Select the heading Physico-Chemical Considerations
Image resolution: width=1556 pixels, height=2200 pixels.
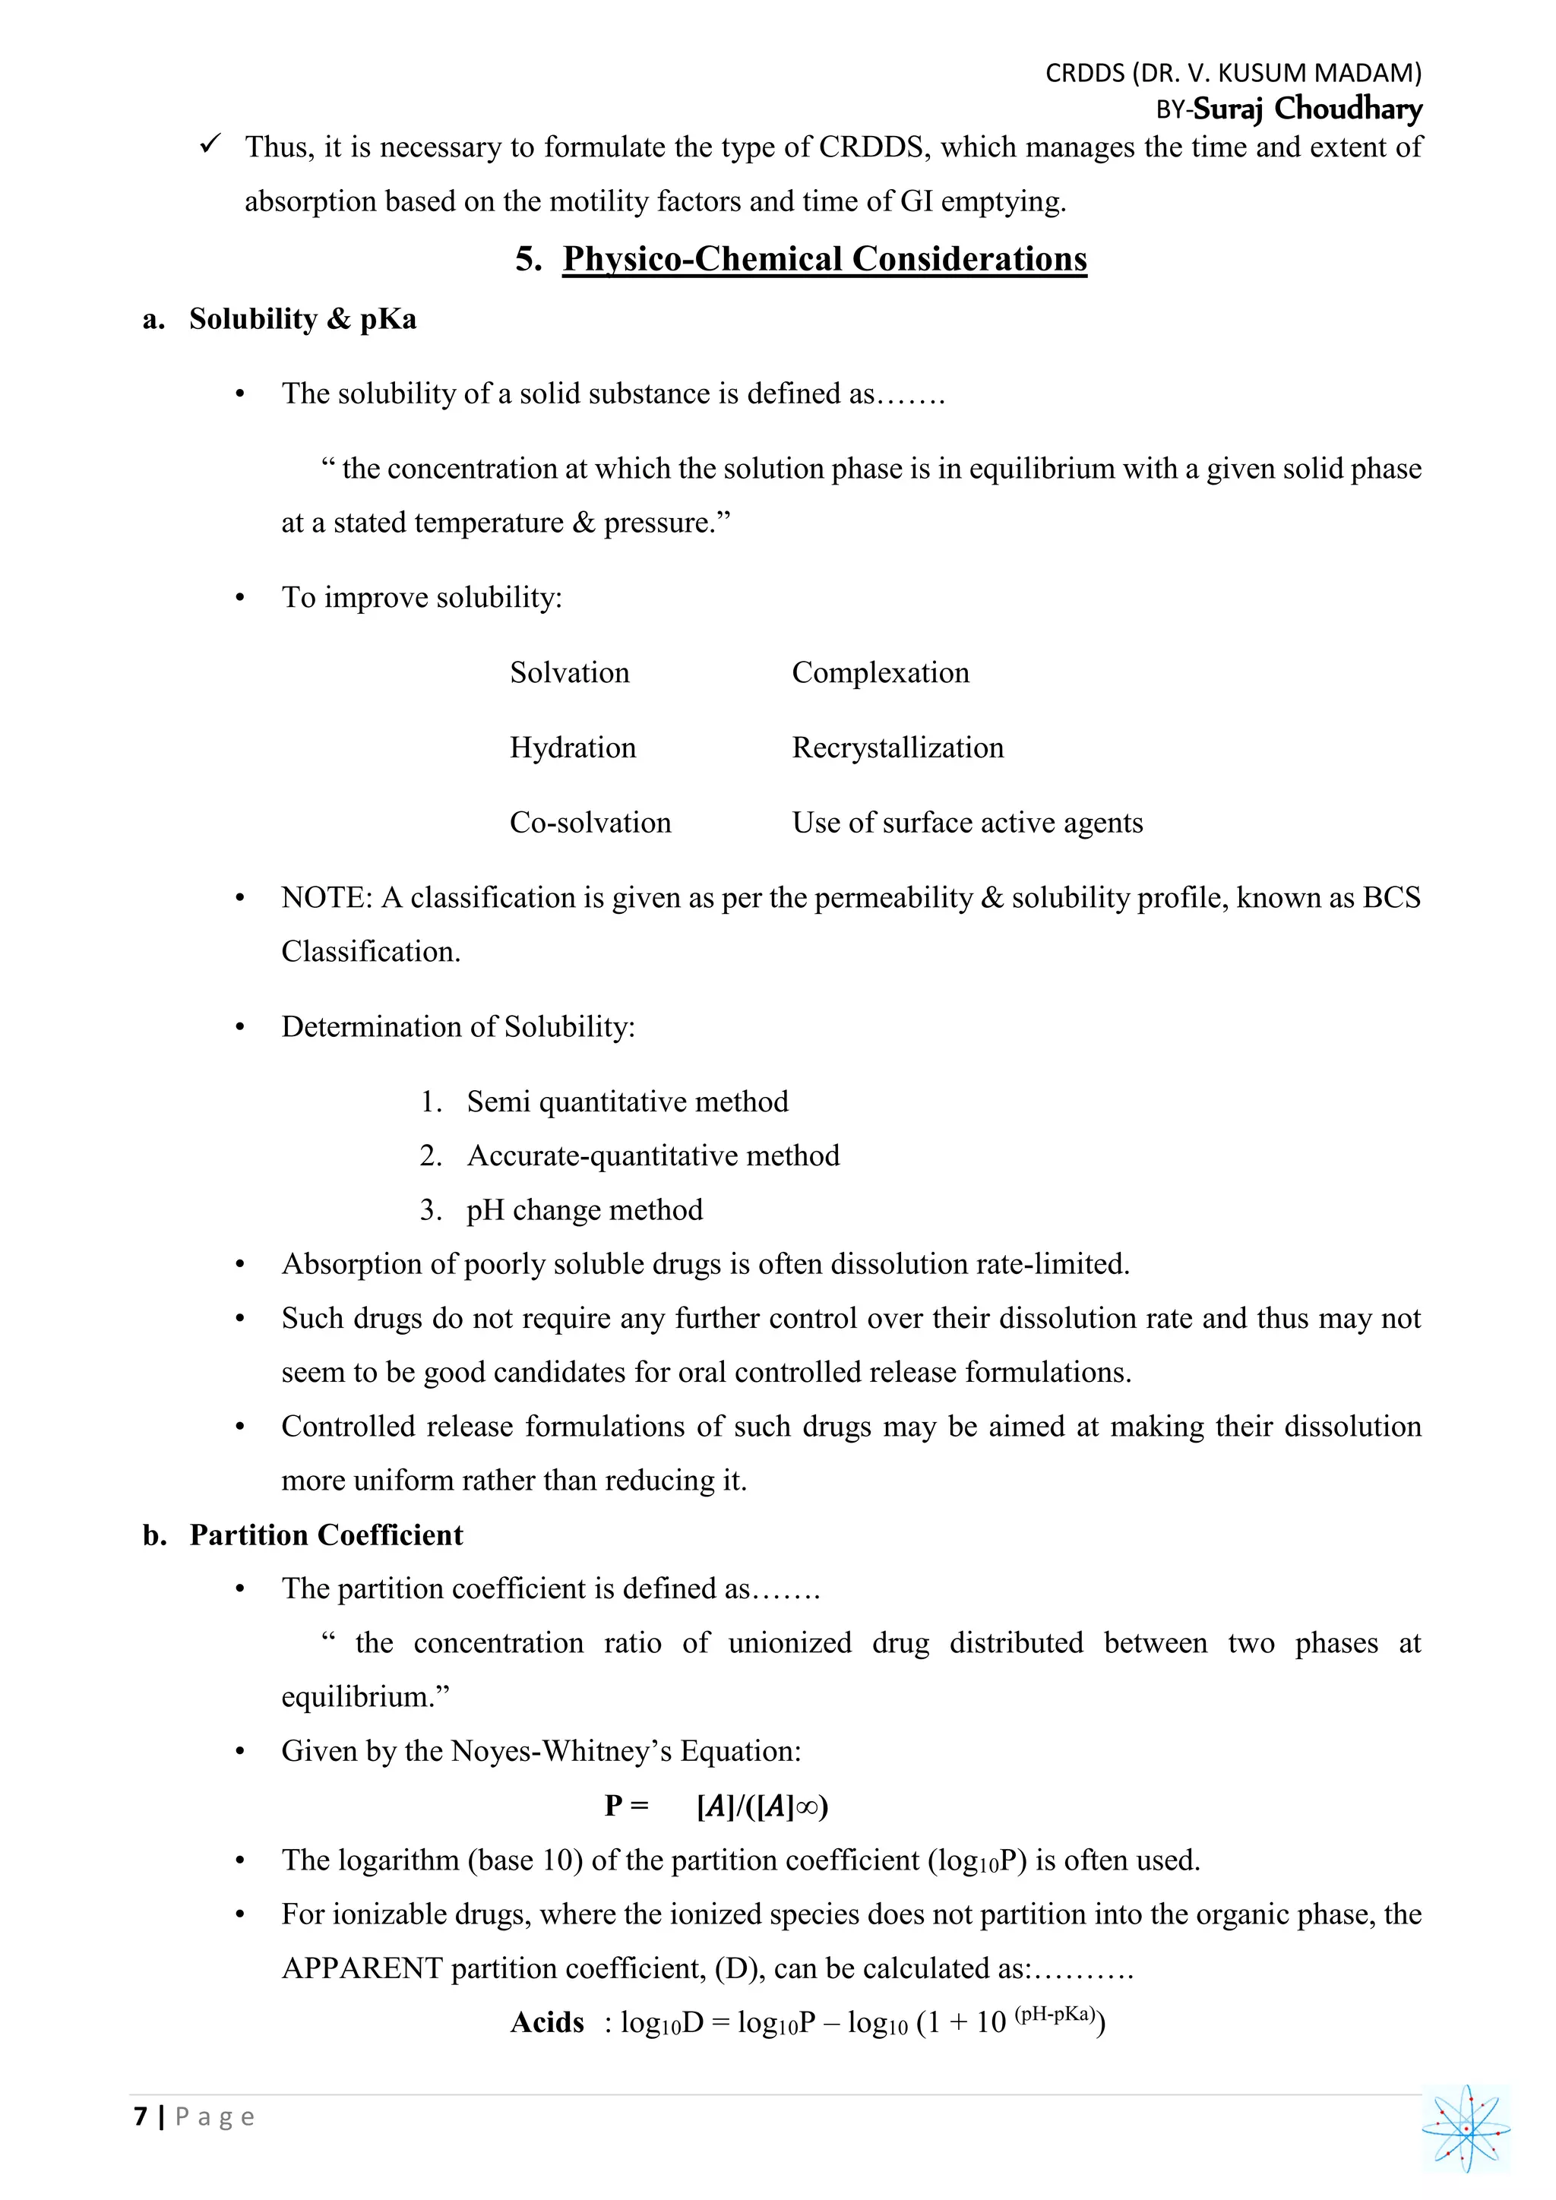824,259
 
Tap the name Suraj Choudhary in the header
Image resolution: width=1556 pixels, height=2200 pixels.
1307,109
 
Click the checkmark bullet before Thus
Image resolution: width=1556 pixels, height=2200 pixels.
210,144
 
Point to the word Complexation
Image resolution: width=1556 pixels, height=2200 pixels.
880,672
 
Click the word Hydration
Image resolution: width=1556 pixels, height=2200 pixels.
572,748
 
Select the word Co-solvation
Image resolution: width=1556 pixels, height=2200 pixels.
590,822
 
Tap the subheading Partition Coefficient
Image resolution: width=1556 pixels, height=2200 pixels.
326,1535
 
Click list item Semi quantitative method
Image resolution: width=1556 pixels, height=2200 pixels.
627,1102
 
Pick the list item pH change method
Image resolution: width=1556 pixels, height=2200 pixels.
584,1210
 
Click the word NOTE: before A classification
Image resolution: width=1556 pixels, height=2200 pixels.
326,898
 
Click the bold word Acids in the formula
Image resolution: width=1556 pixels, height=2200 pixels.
547,2023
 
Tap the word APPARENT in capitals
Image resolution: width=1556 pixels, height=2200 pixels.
361,1968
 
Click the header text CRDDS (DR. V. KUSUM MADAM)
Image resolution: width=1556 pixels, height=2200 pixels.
1232,73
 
